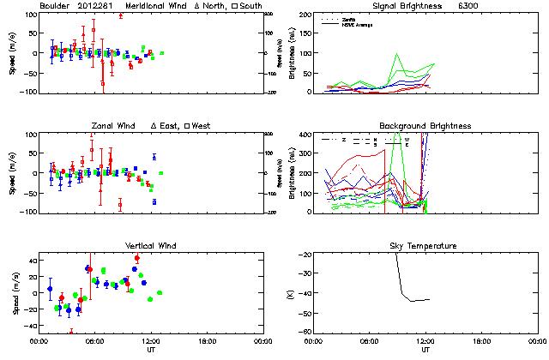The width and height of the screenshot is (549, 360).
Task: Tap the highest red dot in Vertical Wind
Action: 137,258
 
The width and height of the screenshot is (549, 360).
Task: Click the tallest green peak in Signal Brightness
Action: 397,54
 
